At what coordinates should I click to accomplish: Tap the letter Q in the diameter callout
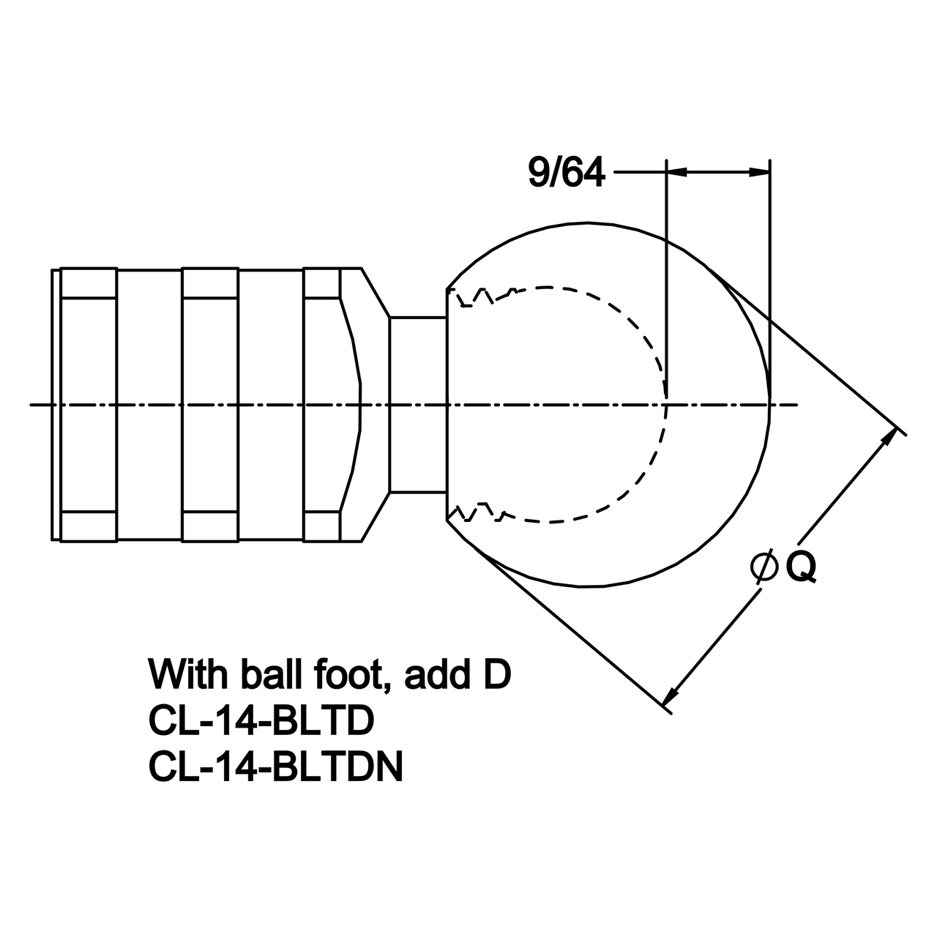(801, 567)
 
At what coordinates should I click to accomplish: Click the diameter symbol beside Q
(764, 567)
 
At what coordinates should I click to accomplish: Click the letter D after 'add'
(496, 674)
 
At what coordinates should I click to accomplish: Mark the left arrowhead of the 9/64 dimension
(677, 171)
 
